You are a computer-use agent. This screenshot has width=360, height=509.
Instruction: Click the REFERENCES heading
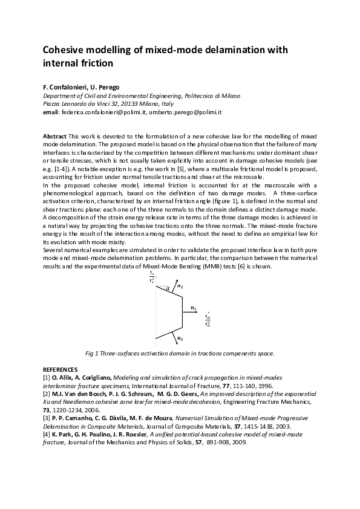(60, 369)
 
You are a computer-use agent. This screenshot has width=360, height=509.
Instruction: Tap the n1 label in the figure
(193, 308)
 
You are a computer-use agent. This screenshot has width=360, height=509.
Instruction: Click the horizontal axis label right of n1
(208, 319)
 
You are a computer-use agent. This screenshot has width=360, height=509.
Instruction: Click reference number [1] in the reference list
(47, 377)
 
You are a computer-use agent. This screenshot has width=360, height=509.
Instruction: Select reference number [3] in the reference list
(47, 417)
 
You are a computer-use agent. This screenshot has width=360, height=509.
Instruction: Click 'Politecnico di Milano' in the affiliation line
(211, 96)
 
